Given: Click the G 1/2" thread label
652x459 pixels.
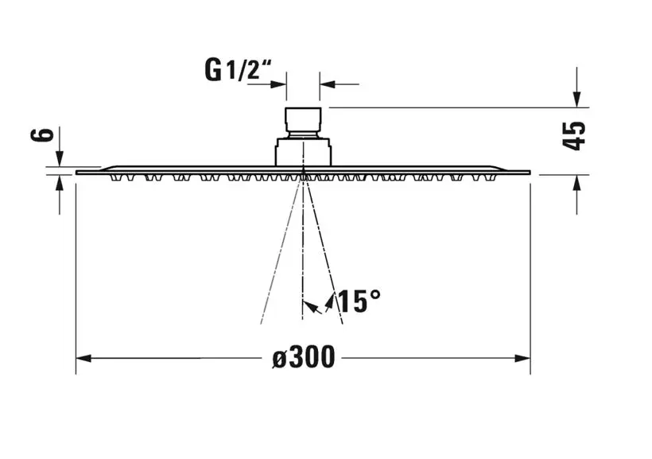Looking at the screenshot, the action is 239,69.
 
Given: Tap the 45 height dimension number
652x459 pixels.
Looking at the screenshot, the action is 574,136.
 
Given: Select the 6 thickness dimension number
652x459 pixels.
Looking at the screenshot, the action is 42,135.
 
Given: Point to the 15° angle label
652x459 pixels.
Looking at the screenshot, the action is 359,301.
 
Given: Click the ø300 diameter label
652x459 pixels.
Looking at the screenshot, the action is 304,357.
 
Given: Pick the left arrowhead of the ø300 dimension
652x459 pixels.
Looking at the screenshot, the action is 83,358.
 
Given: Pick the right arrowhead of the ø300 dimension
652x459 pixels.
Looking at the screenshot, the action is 522,358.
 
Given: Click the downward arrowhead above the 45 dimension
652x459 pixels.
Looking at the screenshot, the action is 576,100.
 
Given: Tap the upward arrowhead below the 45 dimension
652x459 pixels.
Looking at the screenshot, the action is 576,183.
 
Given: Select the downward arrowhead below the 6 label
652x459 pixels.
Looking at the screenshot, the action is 60,159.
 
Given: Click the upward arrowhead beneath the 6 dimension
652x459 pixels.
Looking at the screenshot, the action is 60,182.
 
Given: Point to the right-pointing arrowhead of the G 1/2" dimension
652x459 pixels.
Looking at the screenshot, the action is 278,84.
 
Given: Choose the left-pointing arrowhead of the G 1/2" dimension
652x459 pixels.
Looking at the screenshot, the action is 328,84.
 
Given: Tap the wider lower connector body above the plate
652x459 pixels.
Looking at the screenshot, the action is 303,151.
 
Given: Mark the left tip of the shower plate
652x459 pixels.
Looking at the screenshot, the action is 76,173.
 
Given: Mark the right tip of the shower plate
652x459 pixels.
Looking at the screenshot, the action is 530,173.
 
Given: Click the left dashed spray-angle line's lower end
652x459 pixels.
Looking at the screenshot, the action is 261,324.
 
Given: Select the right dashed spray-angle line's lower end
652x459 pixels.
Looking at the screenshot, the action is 342,324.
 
